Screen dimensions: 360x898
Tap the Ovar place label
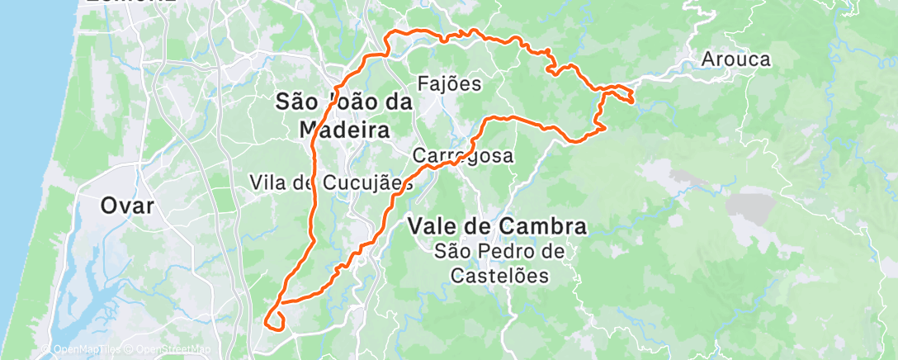tap(127, 206)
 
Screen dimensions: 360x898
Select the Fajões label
tap(450, 84)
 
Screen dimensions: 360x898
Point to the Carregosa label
tap(462, 155)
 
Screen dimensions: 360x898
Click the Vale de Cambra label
tap(497, 226)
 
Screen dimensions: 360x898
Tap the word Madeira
tap(344, 130)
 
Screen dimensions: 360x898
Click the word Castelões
tap(499, 275)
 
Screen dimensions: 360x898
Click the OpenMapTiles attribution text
tap(85, 350)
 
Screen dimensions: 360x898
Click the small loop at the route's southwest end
tap(273, 319)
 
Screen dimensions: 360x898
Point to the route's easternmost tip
tap(632, 102)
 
